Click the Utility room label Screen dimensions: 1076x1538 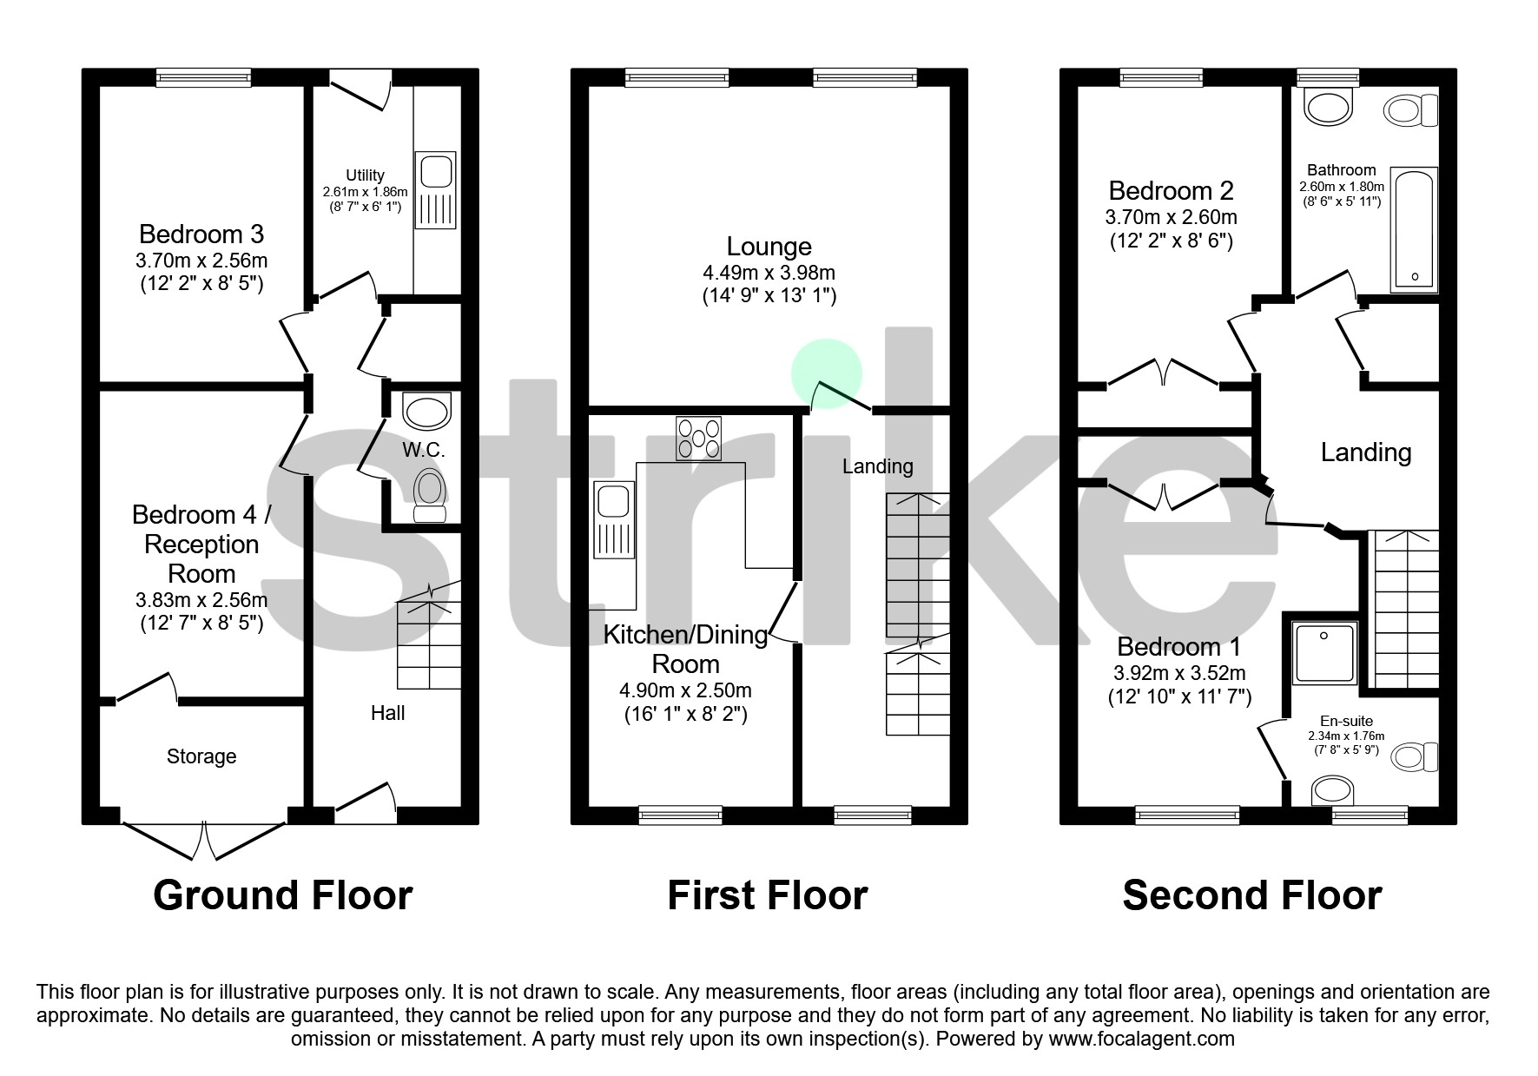click(365, 175)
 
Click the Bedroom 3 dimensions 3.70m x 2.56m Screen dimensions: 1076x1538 click(201, 260)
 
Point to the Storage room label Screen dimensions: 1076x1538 click(201, 756)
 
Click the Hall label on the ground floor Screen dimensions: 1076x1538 click(387, 713)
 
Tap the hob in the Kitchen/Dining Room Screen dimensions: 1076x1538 click(698, 439)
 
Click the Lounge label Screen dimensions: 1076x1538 click(769, 247)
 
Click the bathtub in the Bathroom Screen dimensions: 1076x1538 click(1415, 229)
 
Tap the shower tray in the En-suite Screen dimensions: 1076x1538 click(1324, 653)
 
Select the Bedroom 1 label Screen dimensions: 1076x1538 click(1178, 647)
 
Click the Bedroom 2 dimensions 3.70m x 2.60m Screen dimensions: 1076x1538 click(1171, 217)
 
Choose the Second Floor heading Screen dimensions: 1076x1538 click(1251, 895)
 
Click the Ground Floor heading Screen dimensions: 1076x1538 click(282, 895)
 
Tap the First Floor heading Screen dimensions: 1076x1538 click(767, 895)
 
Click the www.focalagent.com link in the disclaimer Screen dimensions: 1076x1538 click(1141, 1039)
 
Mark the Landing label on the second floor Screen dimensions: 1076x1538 click(1365, 452)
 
